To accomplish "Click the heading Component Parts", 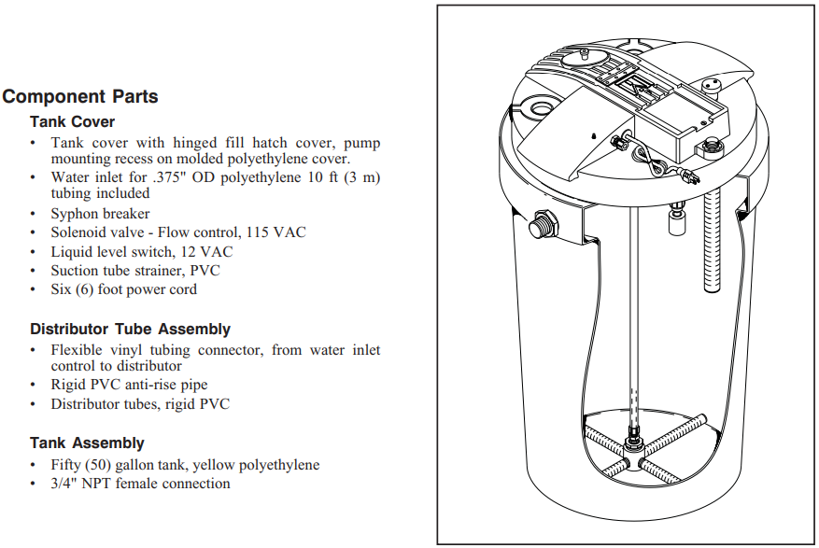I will tap(80, 97).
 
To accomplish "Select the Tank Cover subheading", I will tap(73, 122).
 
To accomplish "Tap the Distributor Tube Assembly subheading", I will tap(130, 330).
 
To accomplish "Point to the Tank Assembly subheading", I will tap(87, 443).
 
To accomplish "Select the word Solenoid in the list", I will tap(81, 232).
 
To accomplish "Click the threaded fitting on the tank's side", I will tap(539, 226).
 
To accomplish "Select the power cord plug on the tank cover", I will tap(689, 176).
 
